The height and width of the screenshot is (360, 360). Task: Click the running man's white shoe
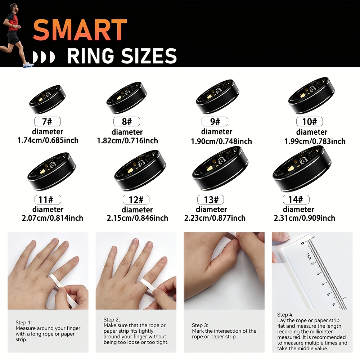(28, 65)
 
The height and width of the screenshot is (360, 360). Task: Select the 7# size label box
(48, 121)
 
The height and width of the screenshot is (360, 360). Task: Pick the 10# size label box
(310, 121)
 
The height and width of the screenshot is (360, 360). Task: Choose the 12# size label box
(136, 199)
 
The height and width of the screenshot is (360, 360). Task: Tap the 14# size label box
(296, 199)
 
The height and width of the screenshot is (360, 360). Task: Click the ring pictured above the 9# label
(217, 96)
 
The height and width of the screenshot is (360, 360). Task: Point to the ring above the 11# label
(51, 171)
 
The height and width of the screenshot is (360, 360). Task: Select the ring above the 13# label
(220, 168)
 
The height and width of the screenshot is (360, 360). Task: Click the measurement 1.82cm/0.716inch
(127, 140)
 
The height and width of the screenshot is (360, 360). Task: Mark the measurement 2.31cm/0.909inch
(305, 218)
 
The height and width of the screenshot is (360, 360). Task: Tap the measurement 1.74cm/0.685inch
(48, 140)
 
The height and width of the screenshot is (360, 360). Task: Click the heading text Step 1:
(24, 323)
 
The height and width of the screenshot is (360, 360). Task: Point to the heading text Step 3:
(200, 325)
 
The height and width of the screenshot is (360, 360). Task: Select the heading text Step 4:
(285, 315)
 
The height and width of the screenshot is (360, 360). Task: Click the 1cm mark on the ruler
(309, 256)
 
